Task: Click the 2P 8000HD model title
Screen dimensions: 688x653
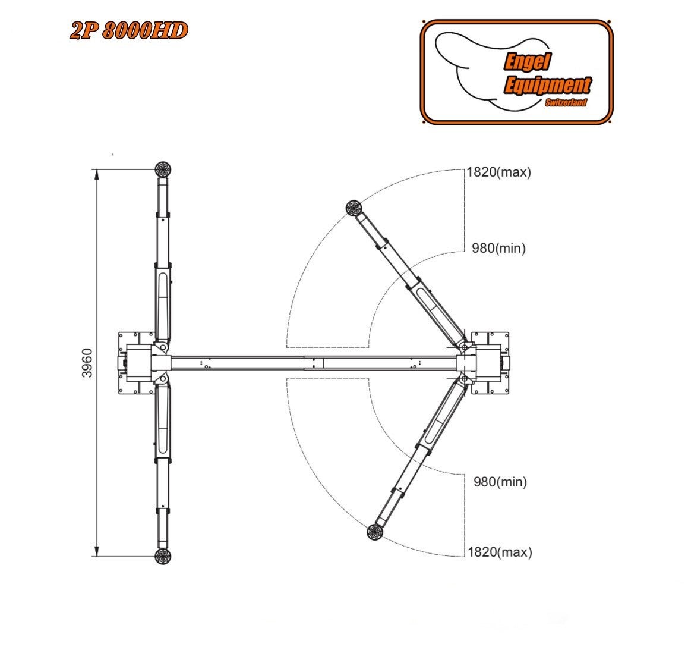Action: pos(129,31)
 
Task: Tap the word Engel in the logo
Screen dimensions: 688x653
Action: pos(527,61)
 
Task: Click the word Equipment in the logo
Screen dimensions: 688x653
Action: pos(548,85)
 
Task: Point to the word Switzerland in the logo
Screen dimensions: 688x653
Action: pos(566,102)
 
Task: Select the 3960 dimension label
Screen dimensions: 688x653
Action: pos(87,363)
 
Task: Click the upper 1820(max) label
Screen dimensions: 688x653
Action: pos(498,172)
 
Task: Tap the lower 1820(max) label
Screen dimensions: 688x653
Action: pos(500,552)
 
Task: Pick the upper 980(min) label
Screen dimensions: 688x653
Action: pos(498,249)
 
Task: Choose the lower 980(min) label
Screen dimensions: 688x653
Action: pos(500,482)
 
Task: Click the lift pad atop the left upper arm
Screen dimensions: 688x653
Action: pos(163,169)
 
